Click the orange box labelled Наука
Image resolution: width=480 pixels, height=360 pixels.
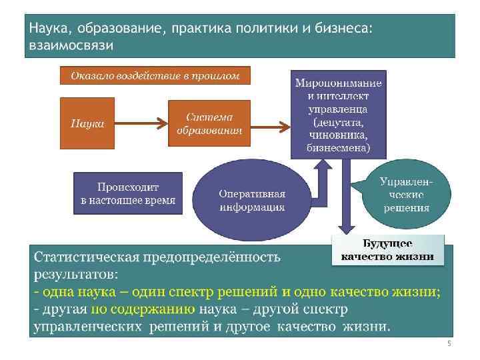(x=87, y=123)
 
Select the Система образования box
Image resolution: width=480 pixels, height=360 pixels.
(x=209, y=123)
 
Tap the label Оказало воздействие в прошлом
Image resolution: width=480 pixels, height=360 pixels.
(x=155, y=75)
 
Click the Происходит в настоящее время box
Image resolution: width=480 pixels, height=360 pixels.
(x=128, y=193)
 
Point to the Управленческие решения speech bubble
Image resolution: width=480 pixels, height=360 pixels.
(x=405, y=194)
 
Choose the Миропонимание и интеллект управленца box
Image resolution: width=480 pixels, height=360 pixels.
(x=338, y=114)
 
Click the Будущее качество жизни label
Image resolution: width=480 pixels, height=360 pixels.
(x=387, y=250)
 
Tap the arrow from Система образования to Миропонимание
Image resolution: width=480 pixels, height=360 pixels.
(x=270, y=123)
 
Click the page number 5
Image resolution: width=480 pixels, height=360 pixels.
(x=449, y=344)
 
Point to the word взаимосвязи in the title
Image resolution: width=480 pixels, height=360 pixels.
(x=71, y=45)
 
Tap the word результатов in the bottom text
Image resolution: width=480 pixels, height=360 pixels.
(x=75, y=274)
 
